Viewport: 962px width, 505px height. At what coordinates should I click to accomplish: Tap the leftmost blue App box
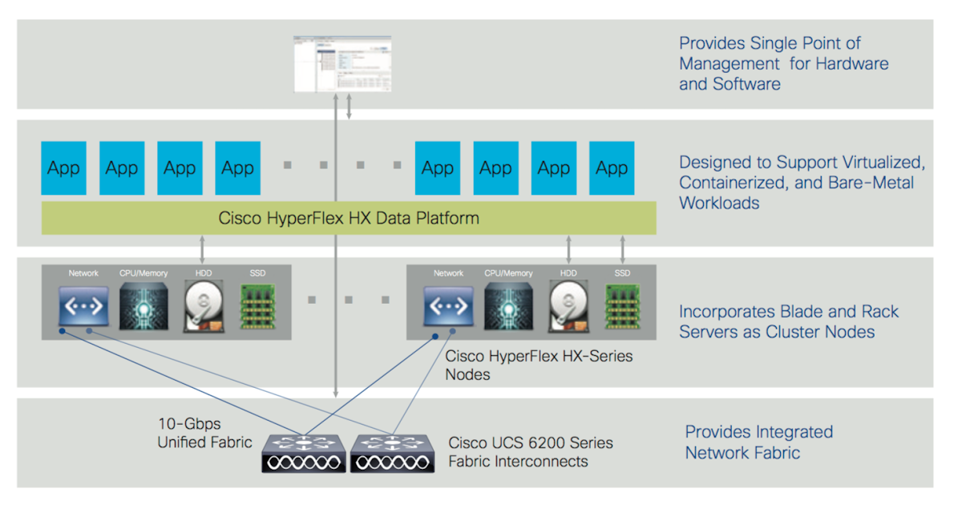pos(64,168)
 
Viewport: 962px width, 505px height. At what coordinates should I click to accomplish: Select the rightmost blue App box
pos(612,168)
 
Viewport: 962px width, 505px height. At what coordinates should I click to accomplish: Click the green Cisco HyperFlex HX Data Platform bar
pos(349,218)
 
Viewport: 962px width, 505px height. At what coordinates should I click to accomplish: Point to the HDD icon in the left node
pos(203,307)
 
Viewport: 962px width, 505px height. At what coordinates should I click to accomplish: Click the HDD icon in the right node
pos(568,307)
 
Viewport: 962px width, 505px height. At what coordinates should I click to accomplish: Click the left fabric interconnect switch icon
pos(304,453)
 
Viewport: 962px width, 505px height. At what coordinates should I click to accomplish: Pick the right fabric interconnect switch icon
pos(392,453)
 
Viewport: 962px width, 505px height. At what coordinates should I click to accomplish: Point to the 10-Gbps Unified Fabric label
pos(204,433)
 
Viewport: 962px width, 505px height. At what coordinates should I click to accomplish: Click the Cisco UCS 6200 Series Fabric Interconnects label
pos(531,452)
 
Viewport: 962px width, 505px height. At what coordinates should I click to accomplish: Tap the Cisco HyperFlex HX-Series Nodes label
pos(539,365)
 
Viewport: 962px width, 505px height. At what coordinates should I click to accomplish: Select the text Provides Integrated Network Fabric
pos(758,442)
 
